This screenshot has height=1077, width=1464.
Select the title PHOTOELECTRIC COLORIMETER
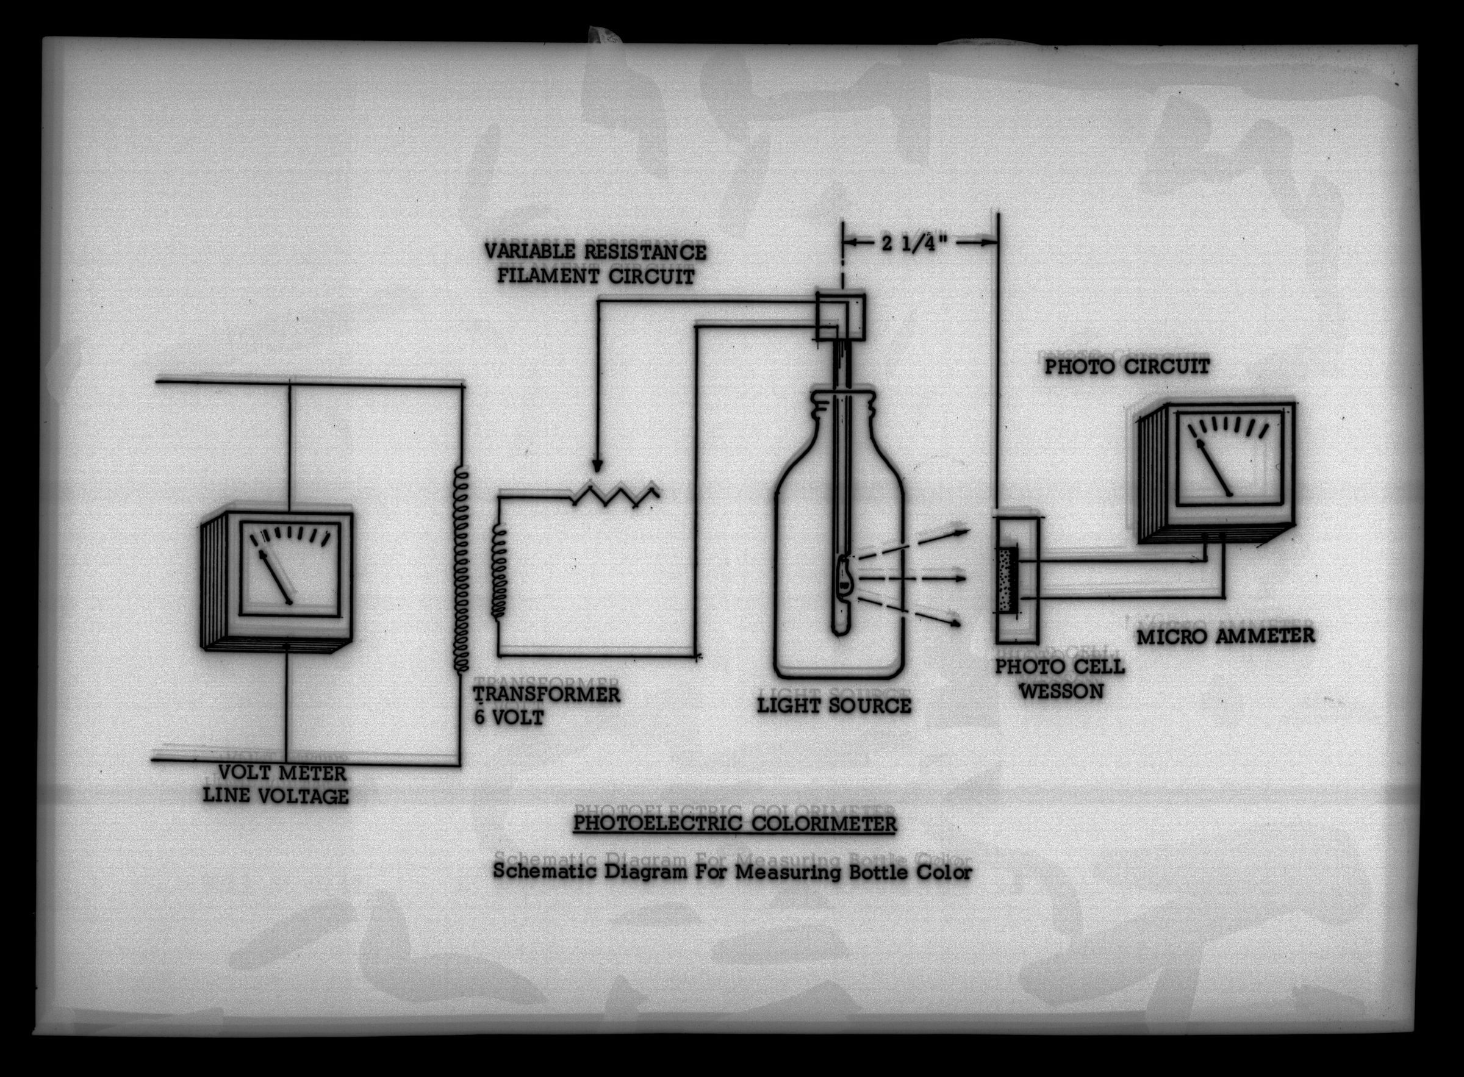click(x=734, y=824)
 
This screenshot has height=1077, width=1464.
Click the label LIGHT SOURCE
click(x=833, y=705)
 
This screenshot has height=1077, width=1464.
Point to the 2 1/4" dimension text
click(x=920, y=243)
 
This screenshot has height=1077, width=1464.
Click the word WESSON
click(x=1061, y=690)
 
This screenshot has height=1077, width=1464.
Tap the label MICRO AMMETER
click(x=1226, y=635)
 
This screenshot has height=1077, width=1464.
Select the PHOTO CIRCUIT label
click(x=1127, y=367)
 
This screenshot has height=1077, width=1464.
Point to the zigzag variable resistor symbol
click(x=615, y=495)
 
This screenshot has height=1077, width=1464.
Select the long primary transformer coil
click(x=461, y=567)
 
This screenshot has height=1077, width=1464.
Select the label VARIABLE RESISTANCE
click(x=595, y=252)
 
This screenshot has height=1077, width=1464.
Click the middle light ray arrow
click(x=913, y=578)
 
